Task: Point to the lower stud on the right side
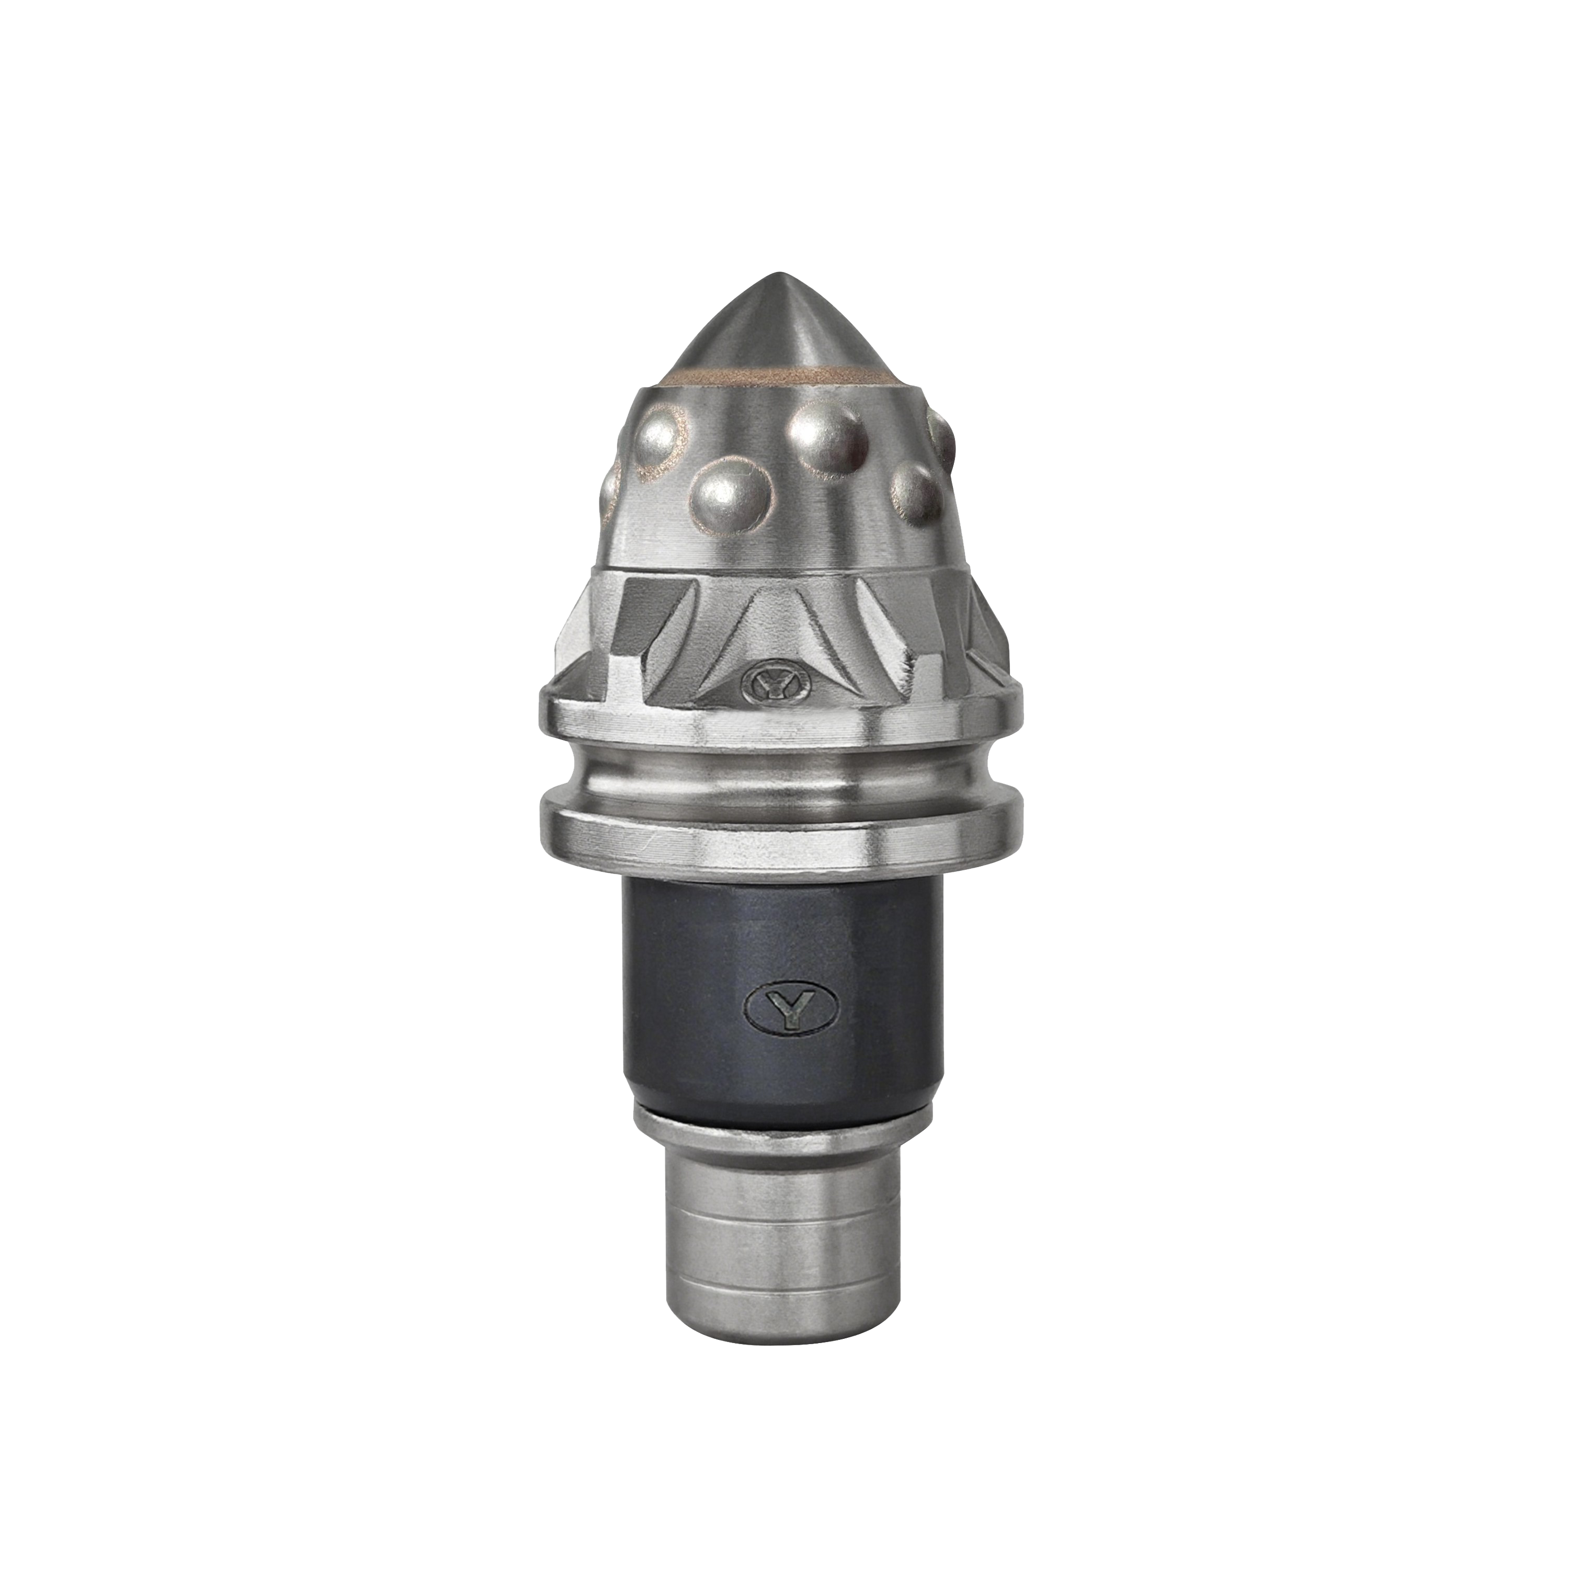tap(917, 494)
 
